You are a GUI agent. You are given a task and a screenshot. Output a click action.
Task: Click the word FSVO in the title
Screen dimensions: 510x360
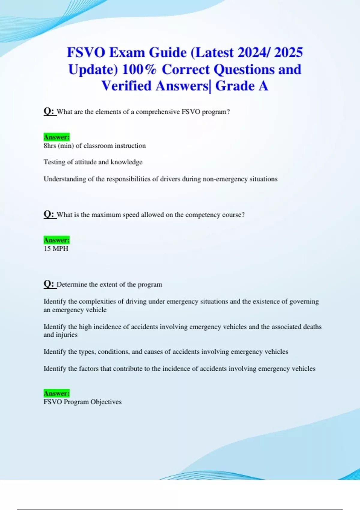click(x=86, y=52)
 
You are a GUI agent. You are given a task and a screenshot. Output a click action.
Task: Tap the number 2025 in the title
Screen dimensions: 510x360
click(x=288, y=52)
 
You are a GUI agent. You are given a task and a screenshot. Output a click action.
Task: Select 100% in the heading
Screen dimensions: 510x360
click(x=139, y=69)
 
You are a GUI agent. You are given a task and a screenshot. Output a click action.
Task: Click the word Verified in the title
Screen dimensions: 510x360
click(x=126, y=86)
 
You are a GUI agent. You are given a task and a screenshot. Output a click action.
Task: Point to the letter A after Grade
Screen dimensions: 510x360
click(x=263, y=86)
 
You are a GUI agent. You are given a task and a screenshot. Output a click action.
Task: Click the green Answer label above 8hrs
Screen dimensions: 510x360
click(x=56, y=137)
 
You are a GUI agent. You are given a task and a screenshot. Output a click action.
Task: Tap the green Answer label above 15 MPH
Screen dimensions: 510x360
click(x=56, y=240)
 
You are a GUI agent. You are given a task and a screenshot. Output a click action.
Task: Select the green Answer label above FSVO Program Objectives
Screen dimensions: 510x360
click(x=56, y=393)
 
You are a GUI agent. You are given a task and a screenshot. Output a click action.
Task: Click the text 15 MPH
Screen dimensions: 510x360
click(x=56, y=249)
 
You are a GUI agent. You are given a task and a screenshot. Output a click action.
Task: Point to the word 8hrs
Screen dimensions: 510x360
click(x=50, y=146)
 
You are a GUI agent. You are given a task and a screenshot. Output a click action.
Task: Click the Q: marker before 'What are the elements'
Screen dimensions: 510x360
click(x=49, y=111)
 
